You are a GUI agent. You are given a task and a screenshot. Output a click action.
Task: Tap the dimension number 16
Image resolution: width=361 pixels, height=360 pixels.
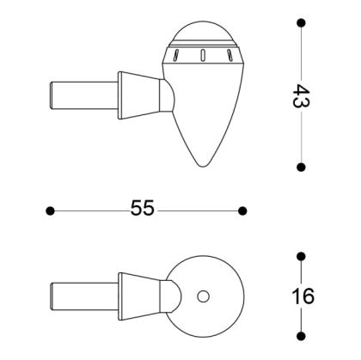pos(302,297)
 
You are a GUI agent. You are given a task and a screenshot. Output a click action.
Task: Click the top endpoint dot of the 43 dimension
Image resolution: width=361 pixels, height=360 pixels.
pos(302,24)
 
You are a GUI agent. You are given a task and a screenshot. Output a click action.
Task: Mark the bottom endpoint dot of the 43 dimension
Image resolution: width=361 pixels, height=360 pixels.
pos(302,167)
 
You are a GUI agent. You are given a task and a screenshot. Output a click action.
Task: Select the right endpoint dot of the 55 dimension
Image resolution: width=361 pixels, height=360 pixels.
pos(245,210)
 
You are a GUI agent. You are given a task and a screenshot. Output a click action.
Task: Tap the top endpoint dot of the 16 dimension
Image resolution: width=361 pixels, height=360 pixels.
pos(302,257)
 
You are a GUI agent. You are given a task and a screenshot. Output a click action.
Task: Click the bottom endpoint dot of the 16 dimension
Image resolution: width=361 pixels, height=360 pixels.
pos(302,337)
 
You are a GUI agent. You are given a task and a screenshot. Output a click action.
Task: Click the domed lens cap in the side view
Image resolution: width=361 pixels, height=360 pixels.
pos(203,35)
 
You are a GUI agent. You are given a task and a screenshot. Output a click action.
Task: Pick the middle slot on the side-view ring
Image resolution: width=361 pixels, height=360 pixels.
pos(202,56)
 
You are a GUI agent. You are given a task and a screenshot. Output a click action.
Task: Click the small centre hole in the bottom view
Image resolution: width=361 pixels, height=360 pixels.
pos(203,297)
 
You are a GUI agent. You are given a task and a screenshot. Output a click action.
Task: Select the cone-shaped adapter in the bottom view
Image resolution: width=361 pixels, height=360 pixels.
pos(141,296)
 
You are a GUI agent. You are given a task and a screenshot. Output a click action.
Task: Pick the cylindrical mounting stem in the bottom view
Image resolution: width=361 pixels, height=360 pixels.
pos(84,296)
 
